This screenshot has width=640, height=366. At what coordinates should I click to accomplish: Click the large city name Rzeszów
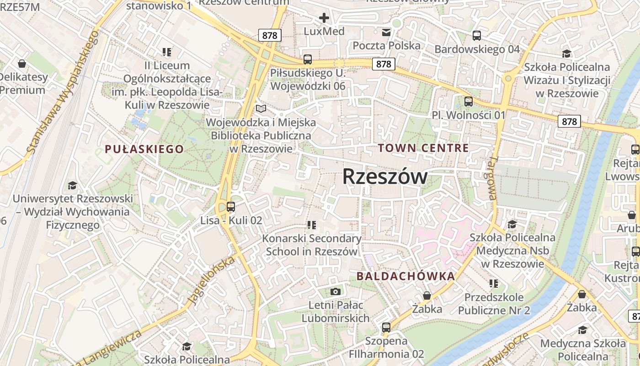point(385,177)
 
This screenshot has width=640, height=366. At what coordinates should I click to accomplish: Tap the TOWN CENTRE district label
point(423,148)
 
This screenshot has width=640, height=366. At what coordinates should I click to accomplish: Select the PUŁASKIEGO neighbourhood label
point(144,149)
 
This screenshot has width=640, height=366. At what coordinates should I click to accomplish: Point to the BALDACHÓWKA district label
point(405,276)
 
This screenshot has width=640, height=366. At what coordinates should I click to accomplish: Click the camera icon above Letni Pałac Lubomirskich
point(336,291)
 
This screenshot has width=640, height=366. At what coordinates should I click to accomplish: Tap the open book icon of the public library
point(261,109)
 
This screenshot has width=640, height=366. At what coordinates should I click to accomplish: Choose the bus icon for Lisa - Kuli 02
point(231,207)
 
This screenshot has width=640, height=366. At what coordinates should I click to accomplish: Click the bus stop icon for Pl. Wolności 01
point(469,101)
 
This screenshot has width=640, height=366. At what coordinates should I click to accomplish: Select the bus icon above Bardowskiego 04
point(477,35)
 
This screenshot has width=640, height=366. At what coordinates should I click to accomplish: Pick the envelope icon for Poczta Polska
point(386,32)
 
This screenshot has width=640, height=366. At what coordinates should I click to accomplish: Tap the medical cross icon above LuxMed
point(324,18)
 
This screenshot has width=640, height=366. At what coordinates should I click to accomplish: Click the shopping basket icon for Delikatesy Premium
point(21,63)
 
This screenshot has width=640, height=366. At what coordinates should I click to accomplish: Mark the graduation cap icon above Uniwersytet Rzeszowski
point(72,185)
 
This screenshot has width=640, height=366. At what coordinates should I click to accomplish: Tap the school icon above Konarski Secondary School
point(312,225)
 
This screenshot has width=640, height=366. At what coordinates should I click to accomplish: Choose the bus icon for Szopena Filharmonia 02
point(386,327)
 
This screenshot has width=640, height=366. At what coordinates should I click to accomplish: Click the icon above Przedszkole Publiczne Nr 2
point(493,284)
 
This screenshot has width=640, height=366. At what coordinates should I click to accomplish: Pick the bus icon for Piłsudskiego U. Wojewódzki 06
point(308,59)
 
